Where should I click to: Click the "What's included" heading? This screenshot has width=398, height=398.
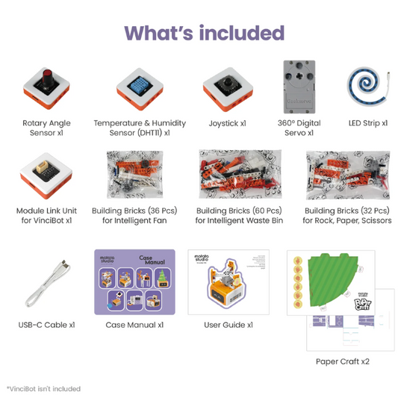204,34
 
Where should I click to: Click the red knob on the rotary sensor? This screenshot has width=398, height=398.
46,77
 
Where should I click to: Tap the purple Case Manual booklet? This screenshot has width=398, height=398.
134,282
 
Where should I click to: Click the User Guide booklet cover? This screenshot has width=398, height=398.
228,282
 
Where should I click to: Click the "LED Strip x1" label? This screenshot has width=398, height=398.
367,123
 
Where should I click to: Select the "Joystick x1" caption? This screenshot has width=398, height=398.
228,123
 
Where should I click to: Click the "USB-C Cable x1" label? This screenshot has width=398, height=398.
46,325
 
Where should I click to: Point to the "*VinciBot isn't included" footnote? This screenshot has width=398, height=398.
43,388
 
